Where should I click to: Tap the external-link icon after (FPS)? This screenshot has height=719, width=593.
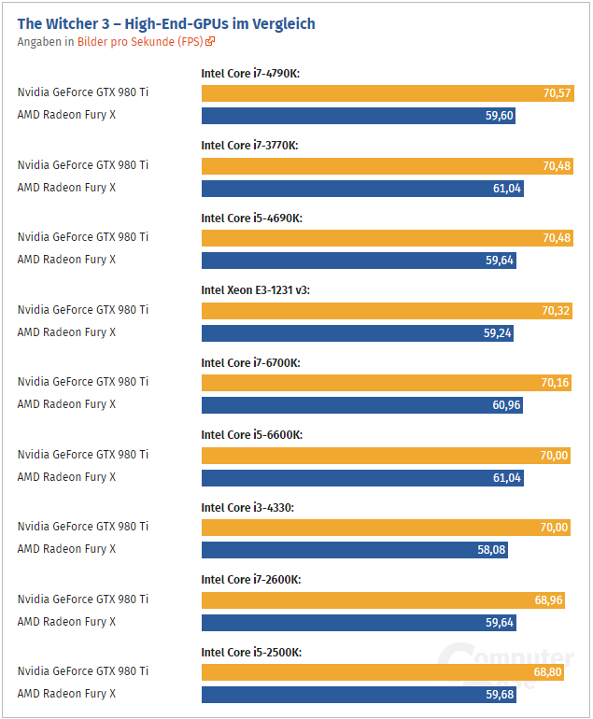point(210,42)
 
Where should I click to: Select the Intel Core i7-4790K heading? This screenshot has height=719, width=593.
point(250,73)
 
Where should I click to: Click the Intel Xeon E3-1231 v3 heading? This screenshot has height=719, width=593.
point(255,289)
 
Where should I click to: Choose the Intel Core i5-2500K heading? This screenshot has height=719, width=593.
point(251,652)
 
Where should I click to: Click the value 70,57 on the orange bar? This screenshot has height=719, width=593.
point(557,93)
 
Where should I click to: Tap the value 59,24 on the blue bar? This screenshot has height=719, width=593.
point(498,332)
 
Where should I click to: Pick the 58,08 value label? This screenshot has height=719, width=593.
point(491,550)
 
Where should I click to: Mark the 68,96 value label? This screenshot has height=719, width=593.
point(548,599)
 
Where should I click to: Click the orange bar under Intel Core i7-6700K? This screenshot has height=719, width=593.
point(386,382)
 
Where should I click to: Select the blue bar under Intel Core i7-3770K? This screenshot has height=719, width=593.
point(361,188)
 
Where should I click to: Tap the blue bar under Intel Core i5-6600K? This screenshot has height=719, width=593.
point(361,477)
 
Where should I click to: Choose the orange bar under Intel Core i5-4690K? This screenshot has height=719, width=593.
point(386,237)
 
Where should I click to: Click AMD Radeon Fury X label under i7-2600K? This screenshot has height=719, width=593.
point(66,621)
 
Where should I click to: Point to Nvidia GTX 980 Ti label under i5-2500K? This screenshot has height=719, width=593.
point(82,671)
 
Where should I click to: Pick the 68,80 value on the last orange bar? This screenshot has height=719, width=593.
point(547,671)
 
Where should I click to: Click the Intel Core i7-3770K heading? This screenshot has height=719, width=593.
point(250,145)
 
